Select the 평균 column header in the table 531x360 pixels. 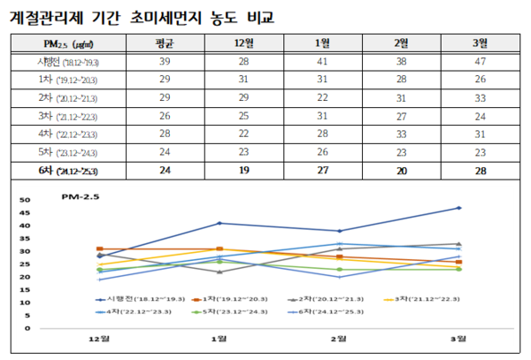coord(164,44)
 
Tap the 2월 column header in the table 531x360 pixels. coord(400,44)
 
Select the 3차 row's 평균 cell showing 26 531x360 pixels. coord(164,116)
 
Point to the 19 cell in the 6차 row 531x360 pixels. coord(242,169)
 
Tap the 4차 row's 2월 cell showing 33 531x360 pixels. coord(400,134)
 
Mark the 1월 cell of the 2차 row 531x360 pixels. coord(321,98)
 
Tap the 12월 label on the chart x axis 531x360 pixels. coord(99,340)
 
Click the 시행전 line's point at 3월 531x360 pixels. coord(458,208)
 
